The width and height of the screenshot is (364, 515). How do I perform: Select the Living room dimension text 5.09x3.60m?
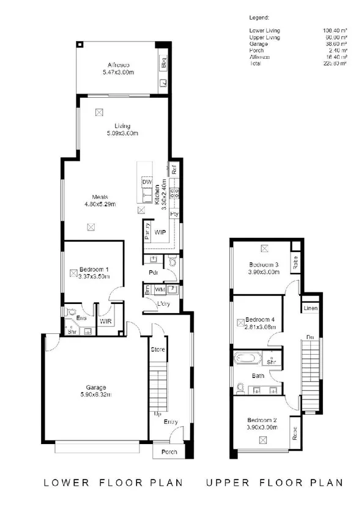tap(122, 133)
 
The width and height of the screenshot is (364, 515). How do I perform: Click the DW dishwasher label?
tap(146, 182)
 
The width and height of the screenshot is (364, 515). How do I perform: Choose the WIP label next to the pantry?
tap(160, 232)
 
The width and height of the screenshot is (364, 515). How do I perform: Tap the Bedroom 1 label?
tap(94, 269)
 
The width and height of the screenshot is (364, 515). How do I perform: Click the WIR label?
tap(106, 321)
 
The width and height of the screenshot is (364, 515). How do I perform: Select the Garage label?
tap(96, 387)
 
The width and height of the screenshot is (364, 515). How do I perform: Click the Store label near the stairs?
tap(158, 349)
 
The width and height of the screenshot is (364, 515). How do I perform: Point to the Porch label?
tap(169, 452)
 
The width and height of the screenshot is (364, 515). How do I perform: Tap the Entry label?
tap(170, 421)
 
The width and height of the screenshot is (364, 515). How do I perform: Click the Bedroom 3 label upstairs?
tap(264, 264)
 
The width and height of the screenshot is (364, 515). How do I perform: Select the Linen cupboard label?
tap(310, 308)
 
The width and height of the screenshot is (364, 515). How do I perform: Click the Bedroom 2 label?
tap(262, 420)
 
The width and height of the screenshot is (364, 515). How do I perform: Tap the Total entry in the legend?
tap(256, 63)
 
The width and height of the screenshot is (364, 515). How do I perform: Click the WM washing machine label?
tap(159, 289)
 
